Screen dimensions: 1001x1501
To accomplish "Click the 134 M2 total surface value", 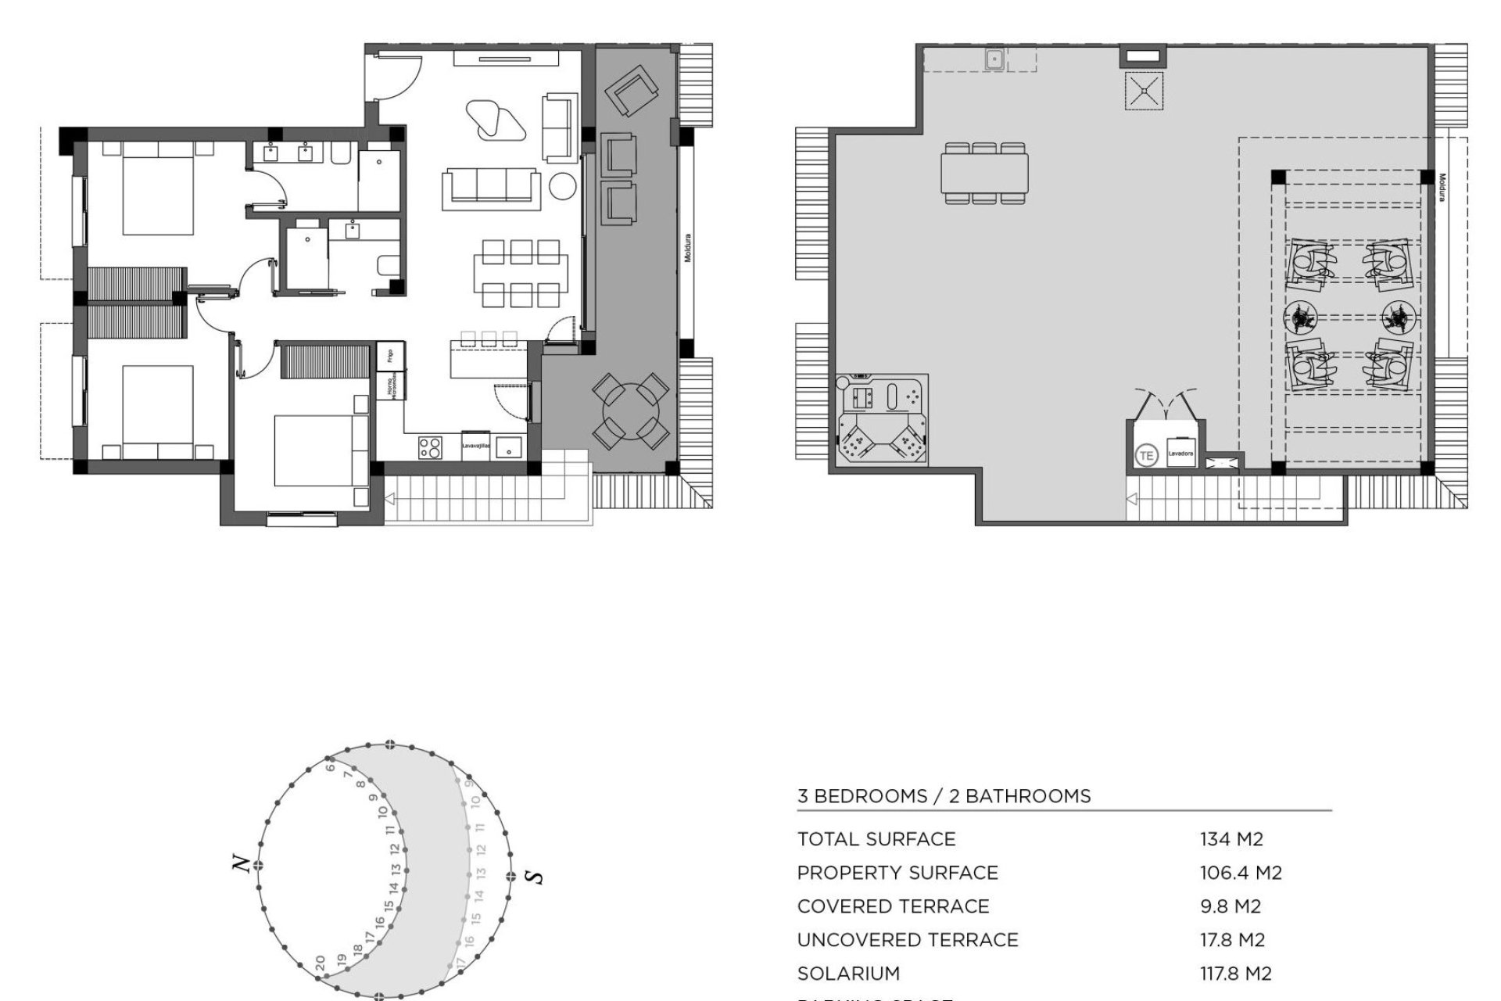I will click(x=1231, y=839).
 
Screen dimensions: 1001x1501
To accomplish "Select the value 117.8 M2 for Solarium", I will click(x=1235, y=974).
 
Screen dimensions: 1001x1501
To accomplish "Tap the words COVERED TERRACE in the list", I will click(x=893, y=906).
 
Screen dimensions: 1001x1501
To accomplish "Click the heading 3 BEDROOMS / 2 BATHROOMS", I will click(x=944, y=796).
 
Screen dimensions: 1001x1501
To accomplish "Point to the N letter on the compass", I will click(x=242, y=864).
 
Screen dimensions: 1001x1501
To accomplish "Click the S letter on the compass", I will click(x=536, y=877).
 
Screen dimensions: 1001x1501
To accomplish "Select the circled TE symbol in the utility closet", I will click(x=1146, y=455).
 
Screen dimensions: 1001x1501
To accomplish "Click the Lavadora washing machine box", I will click(x=1180, y=453).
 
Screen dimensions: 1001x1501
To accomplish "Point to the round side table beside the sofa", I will click(x=562, y=187).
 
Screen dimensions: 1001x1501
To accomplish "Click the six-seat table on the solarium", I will click(x=984, y=173).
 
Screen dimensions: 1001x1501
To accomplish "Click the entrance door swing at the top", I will click(x=396, y=77).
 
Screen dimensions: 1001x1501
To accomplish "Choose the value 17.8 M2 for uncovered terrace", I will click(x=1232, y=940).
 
